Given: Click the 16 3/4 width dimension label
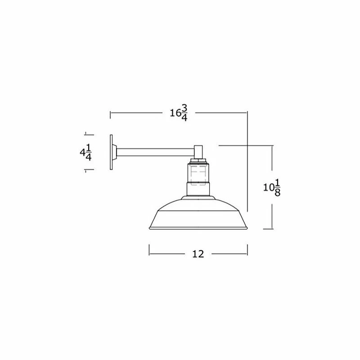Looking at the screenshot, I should [179, 113].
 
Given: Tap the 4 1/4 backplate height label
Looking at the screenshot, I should [85, 153].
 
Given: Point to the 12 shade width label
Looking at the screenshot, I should [198, 254].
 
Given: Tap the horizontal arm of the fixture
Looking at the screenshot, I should [155, 152].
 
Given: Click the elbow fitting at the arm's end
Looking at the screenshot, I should [198, 151].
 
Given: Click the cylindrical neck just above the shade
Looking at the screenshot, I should [198, 190].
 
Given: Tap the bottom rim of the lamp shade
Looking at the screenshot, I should [198, 229].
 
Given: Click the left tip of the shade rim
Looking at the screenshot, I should [149, 228].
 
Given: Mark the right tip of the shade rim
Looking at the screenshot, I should [247, 228].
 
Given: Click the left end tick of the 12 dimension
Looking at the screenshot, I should [149, 249].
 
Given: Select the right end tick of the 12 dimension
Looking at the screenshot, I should [248, 249].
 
